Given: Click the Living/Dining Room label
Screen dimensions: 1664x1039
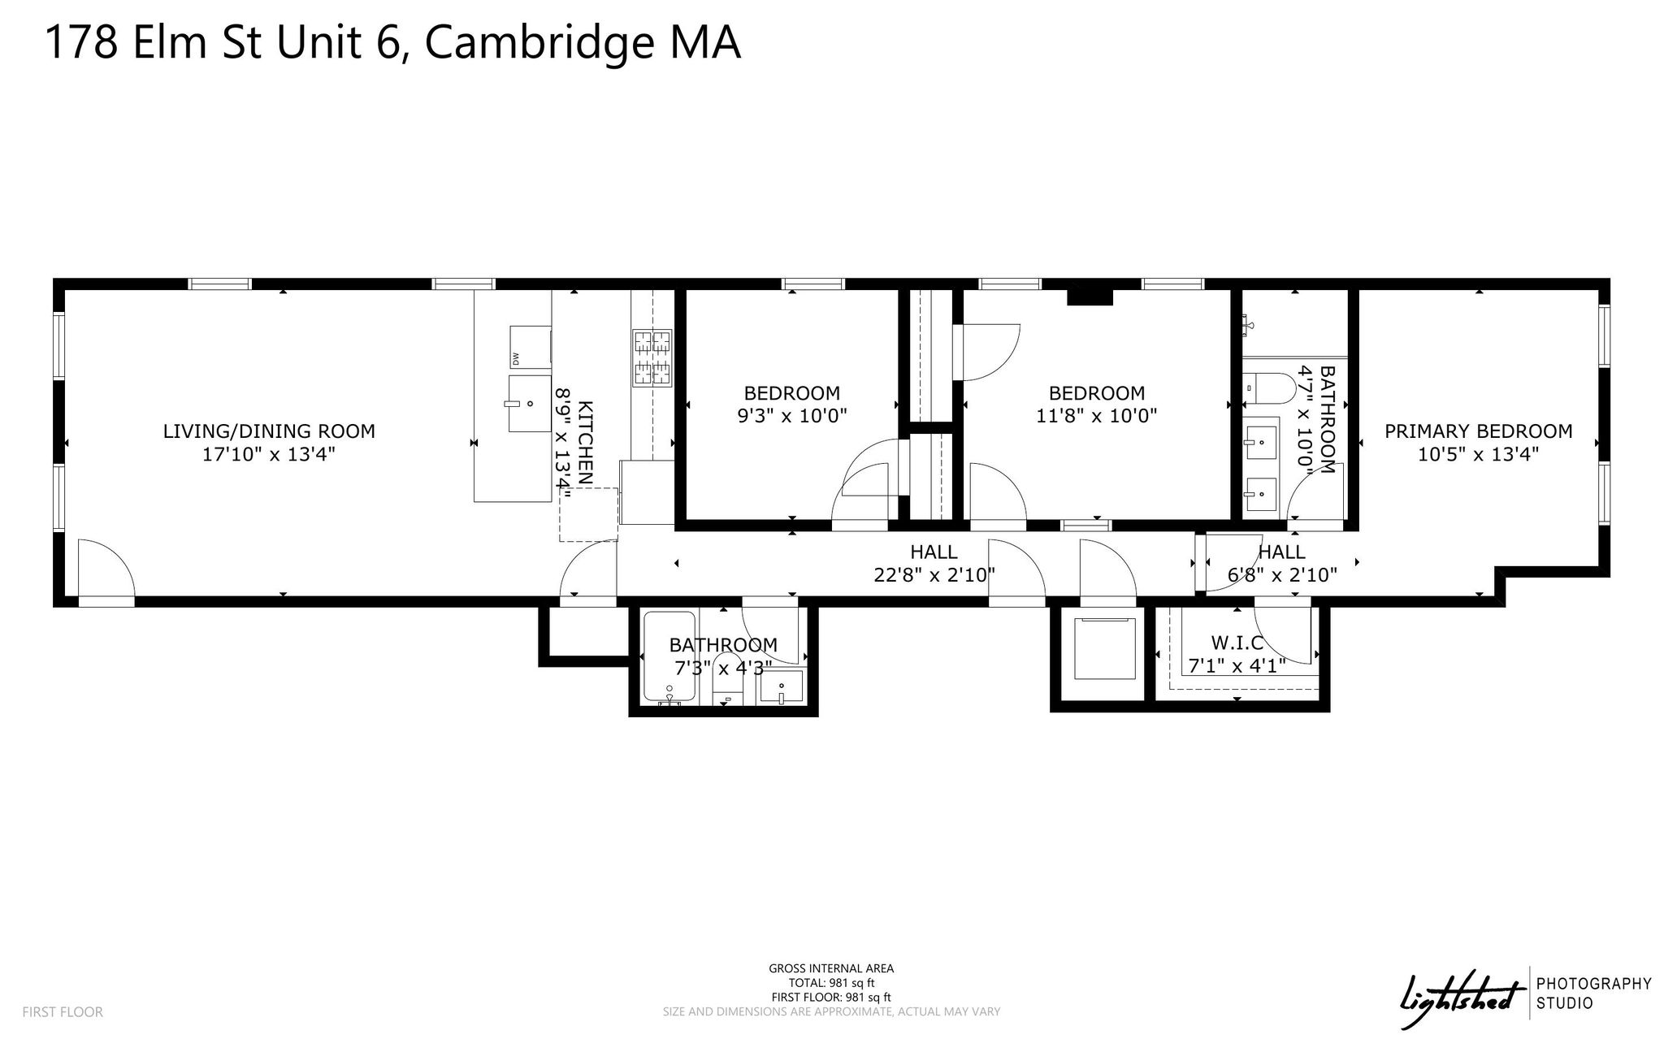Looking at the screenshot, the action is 269,431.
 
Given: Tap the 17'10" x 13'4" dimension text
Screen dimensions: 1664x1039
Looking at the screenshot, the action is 269,454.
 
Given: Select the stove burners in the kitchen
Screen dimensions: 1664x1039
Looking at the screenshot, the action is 652,357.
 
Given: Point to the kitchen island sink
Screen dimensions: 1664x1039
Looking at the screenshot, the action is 529,403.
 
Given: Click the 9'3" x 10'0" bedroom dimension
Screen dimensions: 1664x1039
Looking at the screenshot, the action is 792,416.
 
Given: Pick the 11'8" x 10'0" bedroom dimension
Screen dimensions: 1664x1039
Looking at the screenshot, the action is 1097,416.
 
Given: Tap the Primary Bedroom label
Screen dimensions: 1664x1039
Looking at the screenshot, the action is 1479,431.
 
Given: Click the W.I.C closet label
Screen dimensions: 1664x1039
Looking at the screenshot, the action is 1237,643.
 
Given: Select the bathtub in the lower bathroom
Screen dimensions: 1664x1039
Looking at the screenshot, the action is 669,657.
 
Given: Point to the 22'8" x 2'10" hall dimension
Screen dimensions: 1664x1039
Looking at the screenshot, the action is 934,575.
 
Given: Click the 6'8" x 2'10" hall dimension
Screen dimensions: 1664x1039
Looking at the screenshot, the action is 1282,575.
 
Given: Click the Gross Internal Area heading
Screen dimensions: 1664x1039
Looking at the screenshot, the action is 831,968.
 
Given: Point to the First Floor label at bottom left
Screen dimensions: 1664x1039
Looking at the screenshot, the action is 63,1012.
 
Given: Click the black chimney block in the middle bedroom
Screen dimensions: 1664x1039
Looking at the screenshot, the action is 1089,296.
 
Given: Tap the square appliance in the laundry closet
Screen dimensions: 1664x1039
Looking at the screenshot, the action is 1105,648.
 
